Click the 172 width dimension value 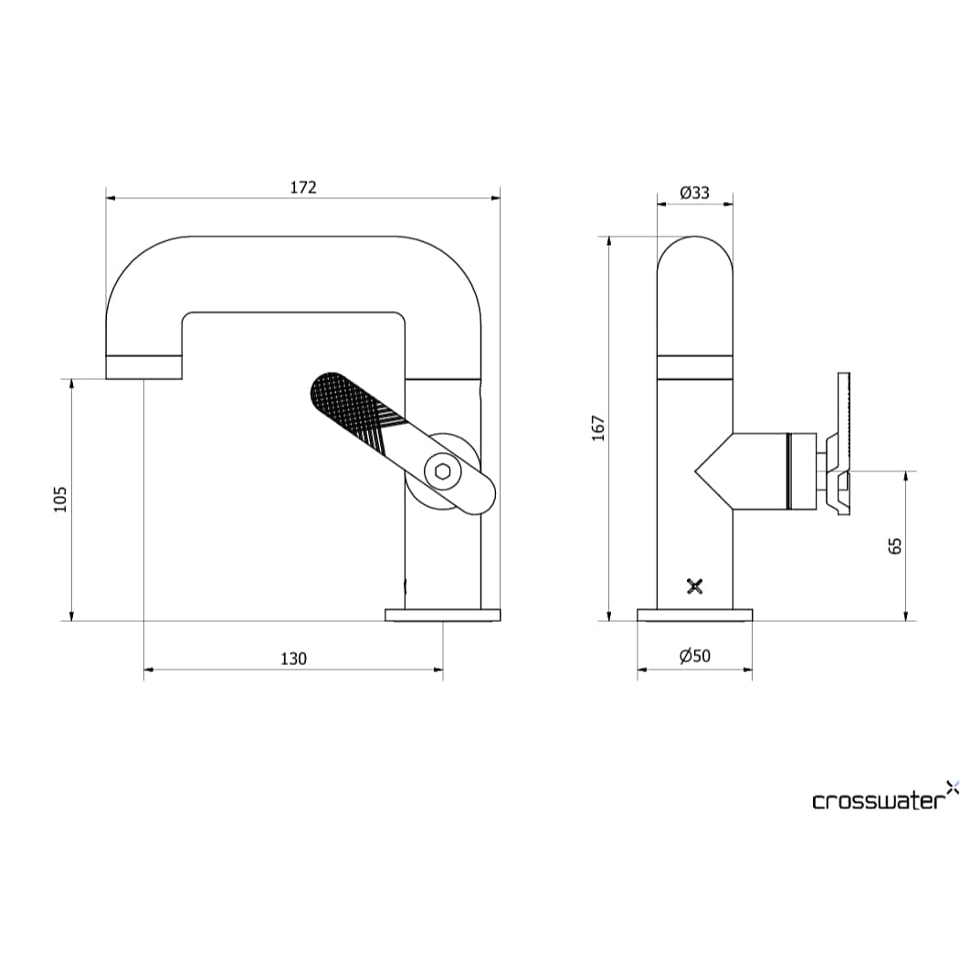pos(303,187)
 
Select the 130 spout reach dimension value pos(293,659)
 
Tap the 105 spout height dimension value pos(60,500)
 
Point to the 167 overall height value pos(598,428)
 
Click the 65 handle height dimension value pos(895,545)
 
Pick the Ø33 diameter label pos(694,192)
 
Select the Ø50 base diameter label pos(694,656)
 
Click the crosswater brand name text pos(876,801)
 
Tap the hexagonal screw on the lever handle pos(443,471)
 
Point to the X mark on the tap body pos(695,586)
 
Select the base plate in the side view pos(443,615)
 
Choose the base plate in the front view pos(694,615)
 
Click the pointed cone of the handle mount pos(712,471)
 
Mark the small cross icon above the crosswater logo pos(952,786)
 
